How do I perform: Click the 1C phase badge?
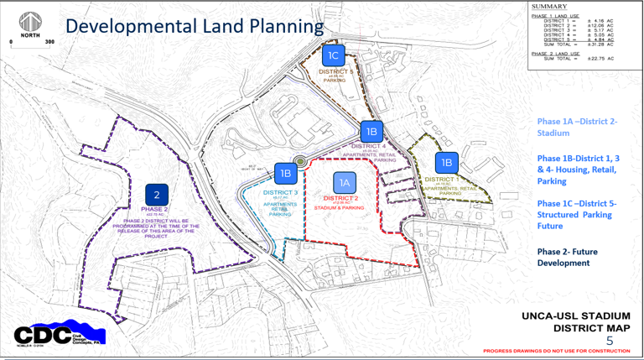334,56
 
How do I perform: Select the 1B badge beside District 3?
285,174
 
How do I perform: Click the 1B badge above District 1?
446,163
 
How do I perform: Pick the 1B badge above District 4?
371,131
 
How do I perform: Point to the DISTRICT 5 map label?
337,72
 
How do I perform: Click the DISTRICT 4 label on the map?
375,146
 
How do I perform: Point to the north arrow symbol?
31,22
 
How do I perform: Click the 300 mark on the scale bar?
50,40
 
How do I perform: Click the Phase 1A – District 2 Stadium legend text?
577,127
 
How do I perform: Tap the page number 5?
610,341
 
